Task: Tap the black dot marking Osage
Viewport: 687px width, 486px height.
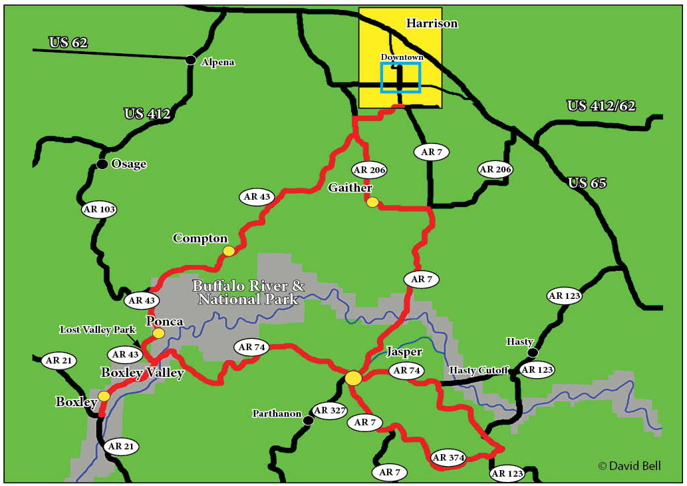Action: coord(102,164)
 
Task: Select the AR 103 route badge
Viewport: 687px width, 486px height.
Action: coord(99,210)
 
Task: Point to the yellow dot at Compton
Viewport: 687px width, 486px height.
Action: coord(229,251)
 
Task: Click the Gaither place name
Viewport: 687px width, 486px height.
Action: coord(350,188)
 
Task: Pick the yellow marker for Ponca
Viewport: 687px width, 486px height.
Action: coord(158,333)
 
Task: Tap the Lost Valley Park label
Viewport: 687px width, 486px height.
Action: coord(97,330)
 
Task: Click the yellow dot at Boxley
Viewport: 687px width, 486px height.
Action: coord(104,396)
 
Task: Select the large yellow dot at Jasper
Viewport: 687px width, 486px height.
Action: coord(354,378)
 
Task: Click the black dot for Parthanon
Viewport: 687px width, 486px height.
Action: coord(308,421)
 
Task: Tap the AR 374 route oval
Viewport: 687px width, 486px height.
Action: coord(448,457)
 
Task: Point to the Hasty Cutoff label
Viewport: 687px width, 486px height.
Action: coord(479,370)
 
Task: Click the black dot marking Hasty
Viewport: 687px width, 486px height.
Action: coord(532,352)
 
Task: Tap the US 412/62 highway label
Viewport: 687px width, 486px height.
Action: coord(601,105)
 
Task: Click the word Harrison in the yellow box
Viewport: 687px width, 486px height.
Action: coord(432,23)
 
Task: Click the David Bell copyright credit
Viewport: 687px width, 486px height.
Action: coord(629,466)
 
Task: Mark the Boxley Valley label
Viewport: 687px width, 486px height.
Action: coord(142,373)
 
